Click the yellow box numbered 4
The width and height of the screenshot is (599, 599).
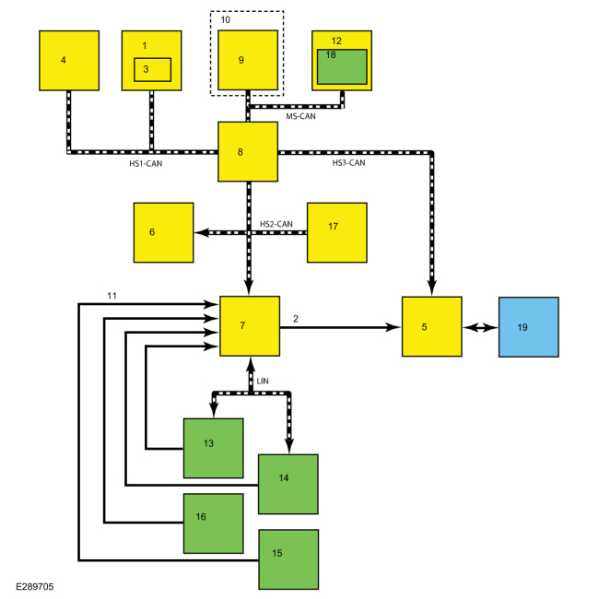pyautogui.click(x=69, y=61)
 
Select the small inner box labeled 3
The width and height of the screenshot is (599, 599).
pyautogui.click(x=152, y=70)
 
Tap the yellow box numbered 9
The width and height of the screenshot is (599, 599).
pyautogui.click(x=248, y=60)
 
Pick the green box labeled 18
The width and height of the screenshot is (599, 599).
pyautogui.click(x=342, y=67)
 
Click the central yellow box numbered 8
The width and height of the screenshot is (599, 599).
pyautogui.click(x=248, y=152)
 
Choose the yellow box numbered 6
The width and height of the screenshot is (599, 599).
pyautogui.click(x=163, y=232)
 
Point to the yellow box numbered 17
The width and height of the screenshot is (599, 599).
pyautogui.click(x=337, y=232)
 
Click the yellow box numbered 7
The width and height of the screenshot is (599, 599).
pyautogui.click(x=250, y=326)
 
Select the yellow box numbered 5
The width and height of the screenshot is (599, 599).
pyautogui.click(x=432, y=326)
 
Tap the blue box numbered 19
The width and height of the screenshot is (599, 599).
pyautogui.click(x=529, y=327)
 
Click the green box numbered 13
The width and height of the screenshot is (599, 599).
pyautogui.click(x=214, y=448)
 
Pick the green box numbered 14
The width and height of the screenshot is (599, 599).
pyautogui.click(x=288, y=485)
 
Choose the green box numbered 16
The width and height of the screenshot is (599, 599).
pyautogui.click(x=214, y=523)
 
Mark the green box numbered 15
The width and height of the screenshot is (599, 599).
pyautogui.click(x=288, y=559)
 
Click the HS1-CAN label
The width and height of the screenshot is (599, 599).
pyautogui.click(x=146, y=164)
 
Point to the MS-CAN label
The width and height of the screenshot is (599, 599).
pyautogui.click(x=301, y=116)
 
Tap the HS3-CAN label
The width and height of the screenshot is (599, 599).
pyautogui.click(x=348, y=163)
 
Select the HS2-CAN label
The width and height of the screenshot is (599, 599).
pyautogui.click(x=276, y=224)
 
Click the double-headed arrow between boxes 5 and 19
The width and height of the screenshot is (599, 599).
pyautogui.click(x=480, y=327)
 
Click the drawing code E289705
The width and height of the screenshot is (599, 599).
pyautogui.click(x=35, y=587)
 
